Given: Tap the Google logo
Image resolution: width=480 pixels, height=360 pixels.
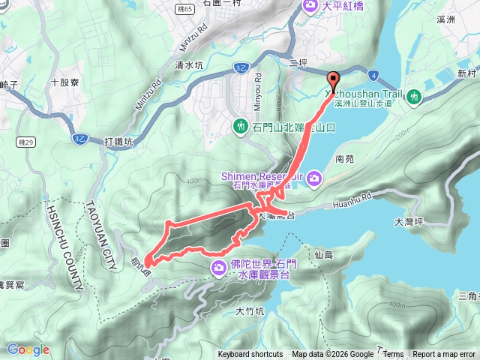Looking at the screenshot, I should point(28,349).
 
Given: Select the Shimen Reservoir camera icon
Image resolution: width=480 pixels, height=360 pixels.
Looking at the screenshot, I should point(313,178).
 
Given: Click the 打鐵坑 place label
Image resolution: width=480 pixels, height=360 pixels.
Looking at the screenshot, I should point(118,142).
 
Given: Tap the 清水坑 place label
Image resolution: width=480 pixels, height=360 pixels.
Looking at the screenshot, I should point(189,65).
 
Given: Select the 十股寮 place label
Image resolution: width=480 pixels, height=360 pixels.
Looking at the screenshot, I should point(64,80).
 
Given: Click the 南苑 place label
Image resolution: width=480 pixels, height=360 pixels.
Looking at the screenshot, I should point(345,159).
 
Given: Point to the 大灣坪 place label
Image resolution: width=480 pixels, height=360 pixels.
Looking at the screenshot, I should point(409,222).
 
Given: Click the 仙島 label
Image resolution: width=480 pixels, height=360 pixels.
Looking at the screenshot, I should point(324,256).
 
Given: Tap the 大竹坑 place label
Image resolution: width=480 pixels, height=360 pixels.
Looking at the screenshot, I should point(250,310).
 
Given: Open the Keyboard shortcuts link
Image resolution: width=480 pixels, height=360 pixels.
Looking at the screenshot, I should point(250,355).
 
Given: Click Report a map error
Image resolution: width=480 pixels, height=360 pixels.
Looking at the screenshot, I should point(444,355).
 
